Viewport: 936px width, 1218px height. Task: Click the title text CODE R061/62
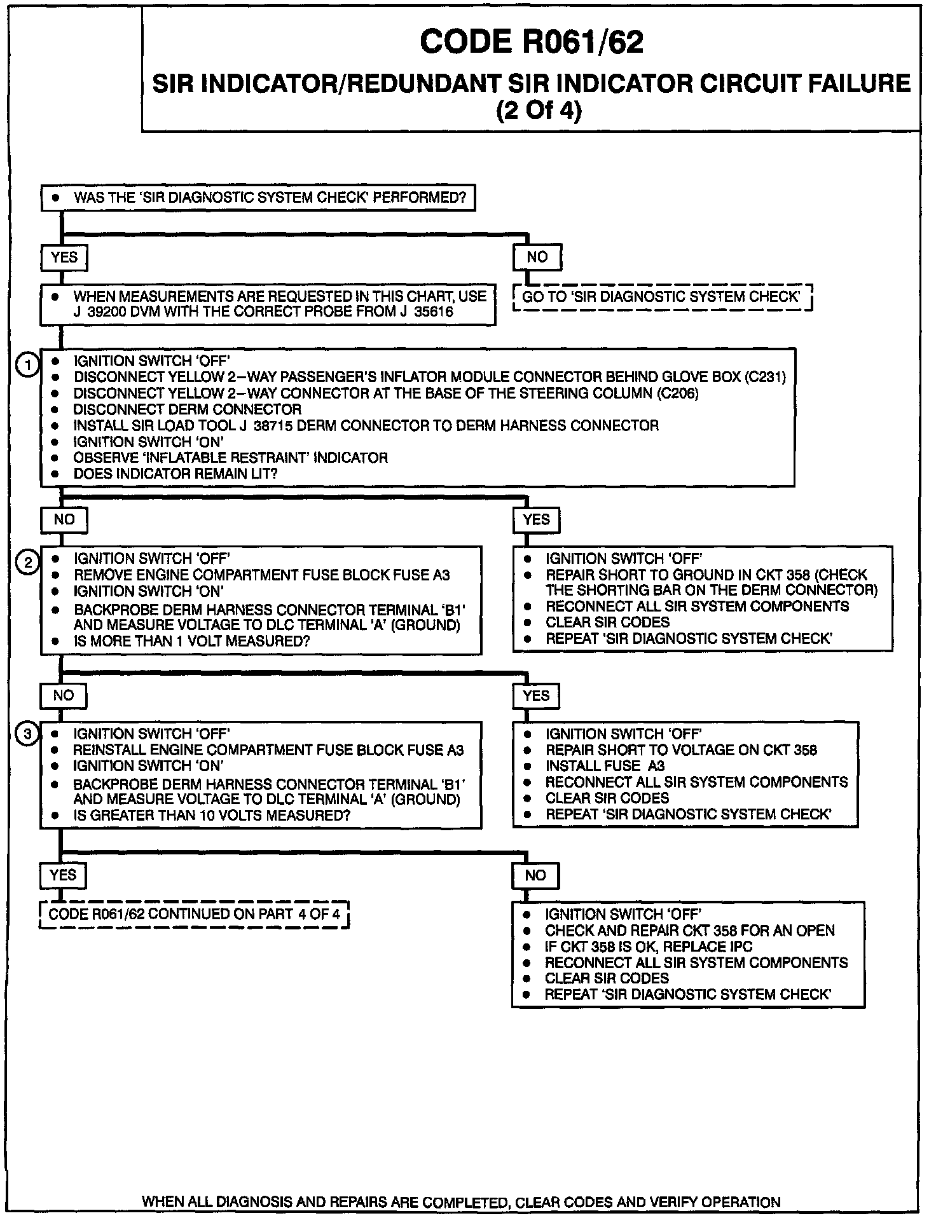[532, 43]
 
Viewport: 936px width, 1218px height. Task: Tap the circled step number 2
[28, 562]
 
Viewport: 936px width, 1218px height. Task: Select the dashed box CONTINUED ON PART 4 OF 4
[194, 915]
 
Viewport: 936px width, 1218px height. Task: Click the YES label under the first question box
[64, 257]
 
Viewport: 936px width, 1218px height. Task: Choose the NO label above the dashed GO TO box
[537, 257]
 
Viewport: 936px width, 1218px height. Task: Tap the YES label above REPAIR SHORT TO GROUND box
[536, 520]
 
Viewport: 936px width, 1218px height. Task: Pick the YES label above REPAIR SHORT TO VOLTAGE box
[536, 696]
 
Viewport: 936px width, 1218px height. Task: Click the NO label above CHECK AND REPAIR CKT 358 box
[535, 876]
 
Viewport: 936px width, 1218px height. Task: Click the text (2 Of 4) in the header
[538, 111]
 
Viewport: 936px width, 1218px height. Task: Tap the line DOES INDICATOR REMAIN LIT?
[175, 474]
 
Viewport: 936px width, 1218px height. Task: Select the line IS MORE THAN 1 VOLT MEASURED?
[191, 641]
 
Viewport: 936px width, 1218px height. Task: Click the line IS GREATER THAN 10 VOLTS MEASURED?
[212, 815]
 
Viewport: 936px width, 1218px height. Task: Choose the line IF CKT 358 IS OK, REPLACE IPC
[648, 947]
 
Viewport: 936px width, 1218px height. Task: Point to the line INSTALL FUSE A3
[605, 766]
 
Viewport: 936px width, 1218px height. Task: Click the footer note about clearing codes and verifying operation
[461, 1202]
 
